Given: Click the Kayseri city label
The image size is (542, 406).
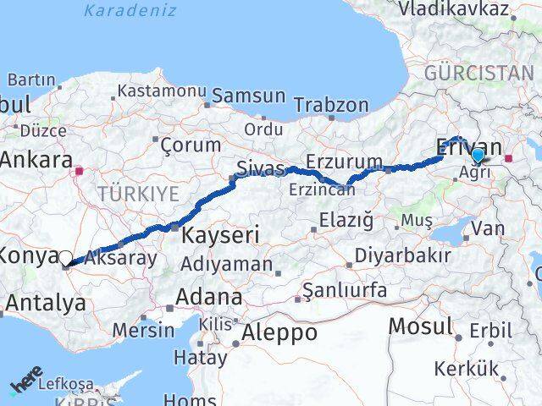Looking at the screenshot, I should pyautogui.click(x=218, y=234).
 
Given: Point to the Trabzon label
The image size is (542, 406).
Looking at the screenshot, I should pyautogui.click(x=331, y=106).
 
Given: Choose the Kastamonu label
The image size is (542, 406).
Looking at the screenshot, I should pyautogui.click(x=162, y=91).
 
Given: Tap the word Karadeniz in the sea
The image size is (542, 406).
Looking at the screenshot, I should pyautogui.click(x=130, y=11).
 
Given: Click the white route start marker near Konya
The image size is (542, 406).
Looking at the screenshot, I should pyautogui.click(x=65, y=258).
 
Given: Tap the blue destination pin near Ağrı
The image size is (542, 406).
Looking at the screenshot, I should pyautogui.click(x=478, y=156).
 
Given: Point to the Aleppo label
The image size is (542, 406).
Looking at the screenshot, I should pyautogui.click(x=279, y=333).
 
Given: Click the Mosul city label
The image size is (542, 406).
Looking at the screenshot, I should pyautogui.click(x=421, y=326).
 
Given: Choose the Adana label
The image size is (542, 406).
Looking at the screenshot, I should pyautogui.click(x=208, y=298).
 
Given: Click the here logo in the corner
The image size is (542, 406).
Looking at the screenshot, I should pyautogui.click(x=25, y=385).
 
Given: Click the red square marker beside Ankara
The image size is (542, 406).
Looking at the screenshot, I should pyautogui.click(x=79, y=171).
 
